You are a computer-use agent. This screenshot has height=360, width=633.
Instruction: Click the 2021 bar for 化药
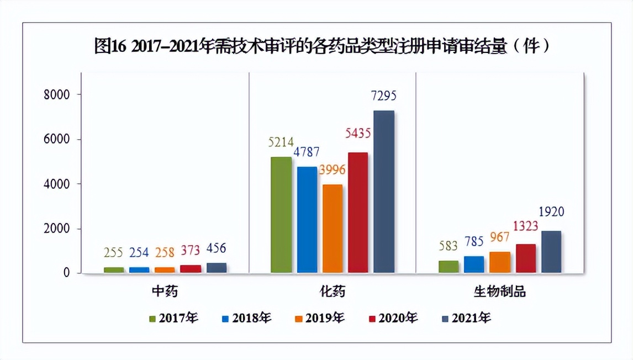384,192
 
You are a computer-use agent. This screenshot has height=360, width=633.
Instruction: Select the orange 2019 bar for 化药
333,229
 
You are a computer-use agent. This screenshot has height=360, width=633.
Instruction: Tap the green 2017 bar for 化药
281,215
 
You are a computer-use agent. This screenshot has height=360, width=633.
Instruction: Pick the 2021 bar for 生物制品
551,252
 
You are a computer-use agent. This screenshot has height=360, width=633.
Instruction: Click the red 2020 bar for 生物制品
526,258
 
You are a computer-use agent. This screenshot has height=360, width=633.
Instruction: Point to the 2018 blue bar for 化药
307,220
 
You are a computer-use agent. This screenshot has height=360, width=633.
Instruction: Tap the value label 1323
525,226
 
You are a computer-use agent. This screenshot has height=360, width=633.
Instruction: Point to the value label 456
215,248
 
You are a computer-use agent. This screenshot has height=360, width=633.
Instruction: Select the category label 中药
165,292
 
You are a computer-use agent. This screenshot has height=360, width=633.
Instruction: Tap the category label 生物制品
499,292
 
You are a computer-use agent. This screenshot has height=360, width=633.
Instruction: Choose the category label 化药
332,292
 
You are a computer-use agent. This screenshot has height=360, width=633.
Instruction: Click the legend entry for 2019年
320,318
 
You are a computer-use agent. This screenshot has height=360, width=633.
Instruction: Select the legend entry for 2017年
173,318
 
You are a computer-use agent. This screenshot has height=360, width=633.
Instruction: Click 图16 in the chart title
110,47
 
